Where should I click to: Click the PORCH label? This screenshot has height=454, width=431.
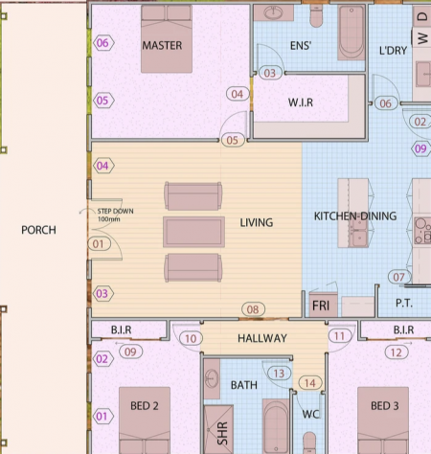38,230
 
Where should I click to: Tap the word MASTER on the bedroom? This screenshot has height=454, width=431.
162,45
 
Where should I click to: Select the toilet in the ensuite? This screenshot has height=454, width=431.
316,16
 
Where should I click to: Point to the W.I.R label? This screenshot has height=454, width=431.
301,102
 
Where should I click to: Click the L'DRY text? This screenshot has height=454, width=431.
393,51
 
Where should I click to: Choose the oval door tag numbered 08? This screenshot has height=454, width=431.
253,309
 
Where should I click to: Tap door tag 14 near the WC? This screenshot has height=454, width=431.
310,383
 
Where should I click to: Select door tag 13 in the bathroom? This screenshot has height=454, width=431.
279,374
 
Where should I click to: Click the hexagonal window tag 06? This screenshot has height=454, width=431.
102,43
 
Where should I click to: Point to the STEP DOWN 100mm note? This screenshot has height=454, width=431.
115,215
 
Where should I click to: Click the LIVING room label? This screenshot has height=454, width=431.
257,222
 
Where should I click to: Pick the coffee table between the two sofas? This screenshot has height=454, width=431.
193,232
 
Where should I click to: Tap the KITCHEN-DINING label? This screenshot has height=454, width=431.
355,216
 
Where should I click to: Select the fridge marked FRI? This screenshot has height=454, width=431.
323,305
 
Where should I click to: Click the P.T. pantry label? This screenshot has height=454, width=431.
404,303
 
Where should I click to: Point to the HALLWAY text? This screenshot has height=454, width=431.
262,338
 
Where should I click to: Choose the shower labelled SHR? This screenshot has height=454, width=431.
218,429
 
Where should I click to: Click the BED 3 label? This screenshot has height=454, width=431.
384,406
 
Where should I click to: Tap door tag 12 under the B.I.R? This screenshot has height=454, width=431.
397,352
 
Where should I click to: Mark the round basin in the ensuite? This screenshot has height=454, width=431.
273,12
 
